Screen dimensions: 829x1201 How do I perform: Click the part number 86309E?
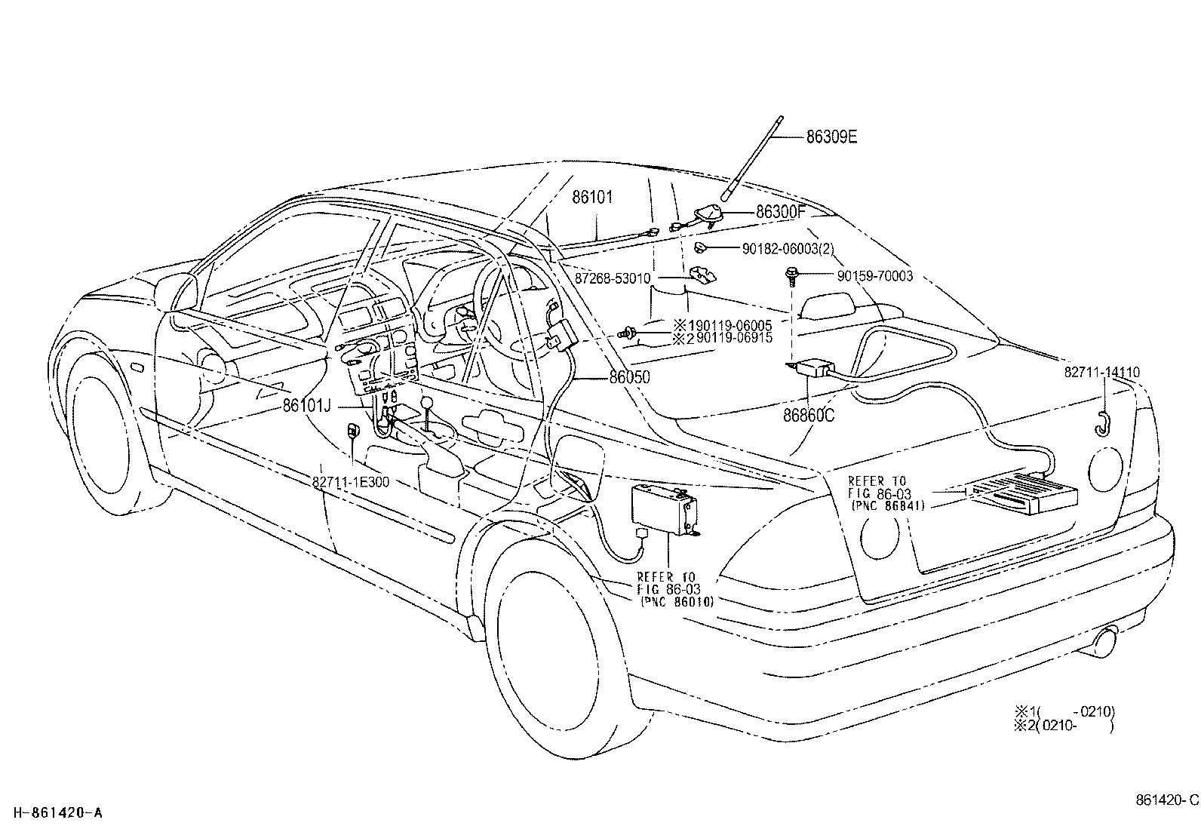click(831, 137)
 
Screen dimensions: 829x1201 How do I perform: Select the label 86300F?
click(782, 213)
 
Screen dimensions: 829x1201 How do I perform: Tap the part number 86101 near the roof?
click(592, 198)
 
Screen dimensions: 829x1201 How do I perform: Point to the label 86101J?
click(307, 405)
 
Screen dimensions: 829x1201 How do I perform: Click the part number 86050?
click(630, 377)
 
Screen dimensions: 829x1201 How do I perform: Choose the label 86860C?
click(809, 414)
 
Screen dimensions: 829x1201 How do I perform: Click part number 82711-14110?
click(1102, 373)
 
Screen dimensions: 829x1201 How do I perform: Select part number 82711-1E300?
click(351, 481)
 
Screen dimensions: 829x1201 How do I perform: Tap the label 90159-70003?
click(874, 277)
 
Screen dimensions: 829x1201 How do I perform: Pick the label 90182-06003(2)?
click(788, 248)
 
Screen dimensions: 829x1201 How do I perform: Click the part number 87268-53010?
click(613, 278)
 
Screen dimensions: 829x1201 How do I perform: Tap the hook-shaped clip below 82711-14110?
click(1101, 424)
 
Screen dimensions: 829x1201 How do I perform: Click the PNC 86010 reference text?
click(676, 601)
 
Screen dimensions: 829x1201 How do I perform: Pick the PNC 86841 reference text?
click(886, 505)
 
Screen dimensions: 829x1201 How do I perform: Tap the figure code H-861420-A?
click(57, 812)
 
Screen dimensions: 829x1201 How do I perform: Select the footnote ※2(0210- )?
click(1064, 725)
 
